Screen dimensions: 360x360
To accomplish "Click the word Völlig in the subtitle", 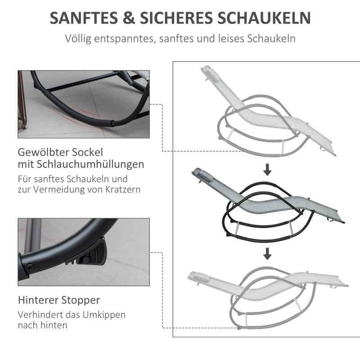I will (80, 39).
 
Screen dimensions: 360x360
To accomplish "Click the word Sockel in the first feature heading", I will (86, 152).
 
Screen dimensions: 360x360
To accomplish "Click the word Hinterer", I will (37, 300).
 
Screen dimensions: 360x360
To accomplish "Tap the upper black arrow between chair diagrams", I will (267, 170).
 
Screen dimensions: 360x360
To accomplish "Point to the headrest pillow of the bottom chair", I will (196, 275).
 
